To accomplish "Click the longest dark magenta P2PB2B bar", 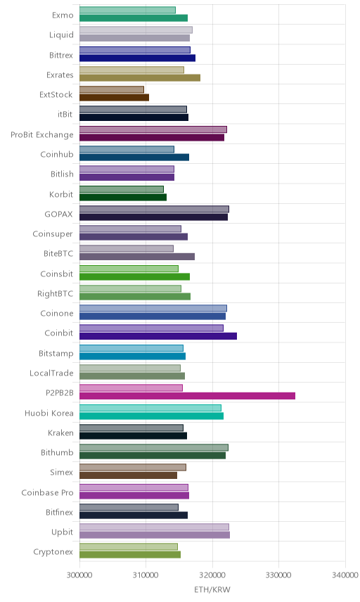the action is (187, 396).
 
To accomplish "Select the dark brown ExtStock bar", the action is (114, 98).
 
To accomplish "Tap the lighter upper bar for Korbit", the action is (121, 189).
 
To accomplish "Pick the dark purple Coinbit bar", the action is (158, 336).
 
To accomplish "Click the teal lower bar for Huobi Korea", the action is (151, 416).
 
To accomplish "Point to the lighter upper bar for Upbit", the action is (154, 527).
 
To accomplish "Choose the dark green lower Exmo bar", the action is (134, 18).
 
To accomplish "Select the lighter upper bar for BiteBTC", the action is (127, 249).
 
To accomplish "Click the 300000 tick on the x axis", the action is (79, 575).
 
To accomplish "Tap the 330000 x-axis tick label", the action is (278, 575).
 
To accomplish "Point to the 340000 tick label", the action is (345, 575).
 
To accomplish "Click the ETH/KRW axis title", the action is (212, 589).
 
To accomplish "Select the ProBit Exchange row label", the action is (41, 135).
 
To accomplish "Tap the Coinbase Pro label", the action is (47, 492).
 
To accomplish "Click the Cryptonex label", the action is (53, 551).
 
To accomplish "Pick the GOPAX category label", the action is (59, 214).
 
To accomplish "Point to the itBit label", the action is (65, 114).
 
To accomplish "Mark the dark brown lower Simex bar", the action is (128, 475).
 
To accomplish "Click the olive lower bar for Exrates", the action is (140, 77).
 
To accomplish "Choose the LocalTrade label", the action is (51, 373).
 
